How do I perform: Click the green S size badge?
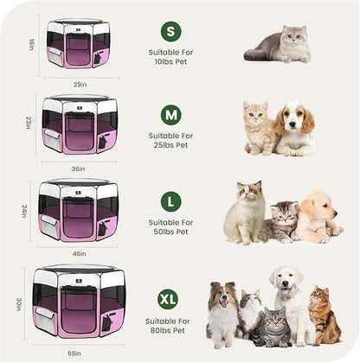(x=171, y=31)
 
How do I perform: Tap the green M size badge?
(x=171, y=114)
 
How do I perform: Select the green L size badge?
(x=171, y=201)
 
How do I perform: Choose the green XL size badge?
(x=169, y=299)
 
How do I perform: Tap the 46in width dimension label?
(x=79, y=255)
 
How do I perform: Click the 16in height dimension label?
(x=30, y=44)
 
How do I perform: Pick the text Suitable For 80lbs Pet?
(x=169, y=327)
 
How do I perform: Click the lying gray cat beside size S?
(x=279, y=44)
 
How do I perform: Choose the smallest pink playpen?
(x=78, y=44)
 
